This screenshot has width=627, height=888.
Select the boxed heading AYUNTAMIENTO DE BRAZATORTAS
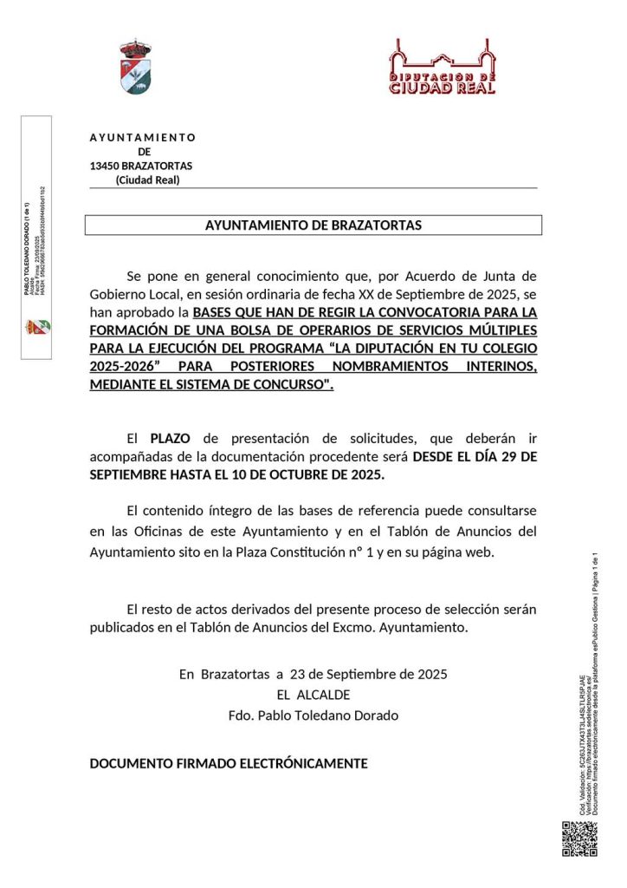point(313,225)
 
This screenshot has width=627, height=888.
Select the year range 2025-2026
point(121,367)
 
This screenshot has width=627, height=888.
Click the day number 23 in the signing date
point(300,674)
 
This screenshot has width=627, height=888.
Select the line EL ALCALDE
point(313,695)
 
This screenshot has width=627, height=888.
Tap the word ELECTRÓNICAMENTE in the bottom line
point(303,764)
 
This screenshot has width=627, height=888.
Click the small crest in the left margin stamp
point(38,326)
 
